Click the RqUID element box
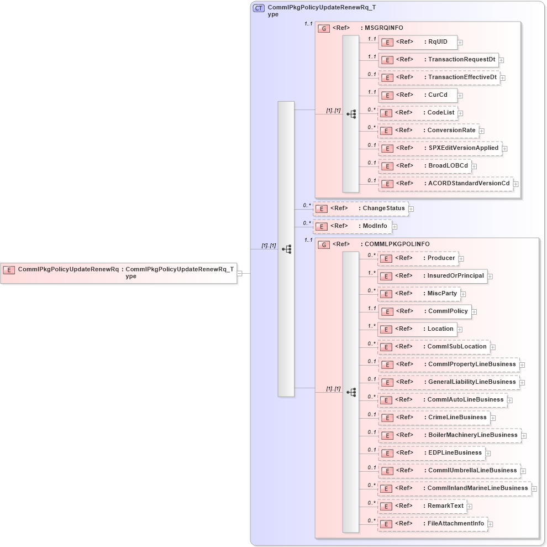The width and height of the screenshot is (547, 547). click(418, 41)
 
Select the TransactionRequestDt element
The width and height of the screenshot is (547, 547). click(438, 60)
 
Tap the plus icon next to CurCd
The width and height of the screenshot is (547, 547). click(460, 95)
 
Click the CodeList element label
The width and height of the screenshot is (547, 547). click(440, 113)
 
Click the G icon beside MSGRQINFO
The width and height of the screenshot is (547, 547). click(325, 28)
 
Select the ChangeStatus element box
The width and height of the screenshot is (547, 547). click(360, 209)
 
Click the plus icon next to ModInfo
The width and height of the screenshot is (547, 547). click(395, 227)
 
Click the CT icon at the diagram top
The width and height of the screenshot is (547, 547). click(259, 8)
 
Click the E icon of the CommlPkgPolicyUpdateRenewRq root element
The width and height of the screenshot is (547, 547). click(9, 270)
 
